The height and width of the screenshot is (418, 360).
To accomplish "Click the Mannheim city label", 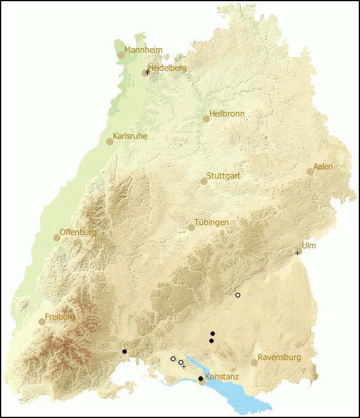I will [143, 50].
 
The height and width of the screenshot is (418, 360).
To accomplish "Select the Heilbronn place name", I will [227, 114].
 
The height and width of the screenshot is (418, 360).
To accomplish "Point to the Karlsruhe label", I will [130, 136].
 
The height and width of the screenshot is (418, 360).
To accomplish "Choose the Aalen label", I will [323, 166].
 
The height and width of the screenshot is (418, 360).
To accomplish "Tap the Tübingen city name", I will [211, 222].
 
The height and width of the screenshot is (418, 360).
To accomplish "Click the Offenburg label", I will [78, 232].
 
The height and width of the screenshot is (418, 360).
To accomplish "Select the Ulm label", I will [308, 246].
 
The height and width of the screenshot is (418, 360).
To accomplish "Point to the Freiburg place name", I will [60, 317].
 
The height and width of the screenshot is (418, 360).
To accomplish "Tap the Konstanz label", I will [222, 377].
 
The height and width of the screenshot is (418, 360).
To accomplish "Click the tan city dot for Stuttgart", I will [204, 181].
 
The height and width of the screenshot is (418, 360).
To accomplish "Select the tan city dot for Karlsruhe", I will [110, 142].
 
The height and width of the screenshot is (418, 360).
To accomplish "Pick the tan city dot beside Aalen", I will [310, 172].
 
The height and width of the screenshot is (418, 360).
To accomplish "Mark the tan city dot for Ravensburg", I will [254, 363].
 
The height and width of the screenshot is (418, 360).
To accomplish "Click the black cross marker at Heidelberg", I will [148, 72].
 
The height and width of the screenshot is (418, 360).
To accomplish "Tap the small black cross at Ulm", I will [297, 253].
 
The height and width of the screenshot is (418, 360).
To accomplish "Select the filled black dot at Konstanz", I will [200, 378].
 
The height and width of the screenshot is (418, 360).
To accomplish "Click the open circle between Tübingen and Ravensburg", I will [238, 295].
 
